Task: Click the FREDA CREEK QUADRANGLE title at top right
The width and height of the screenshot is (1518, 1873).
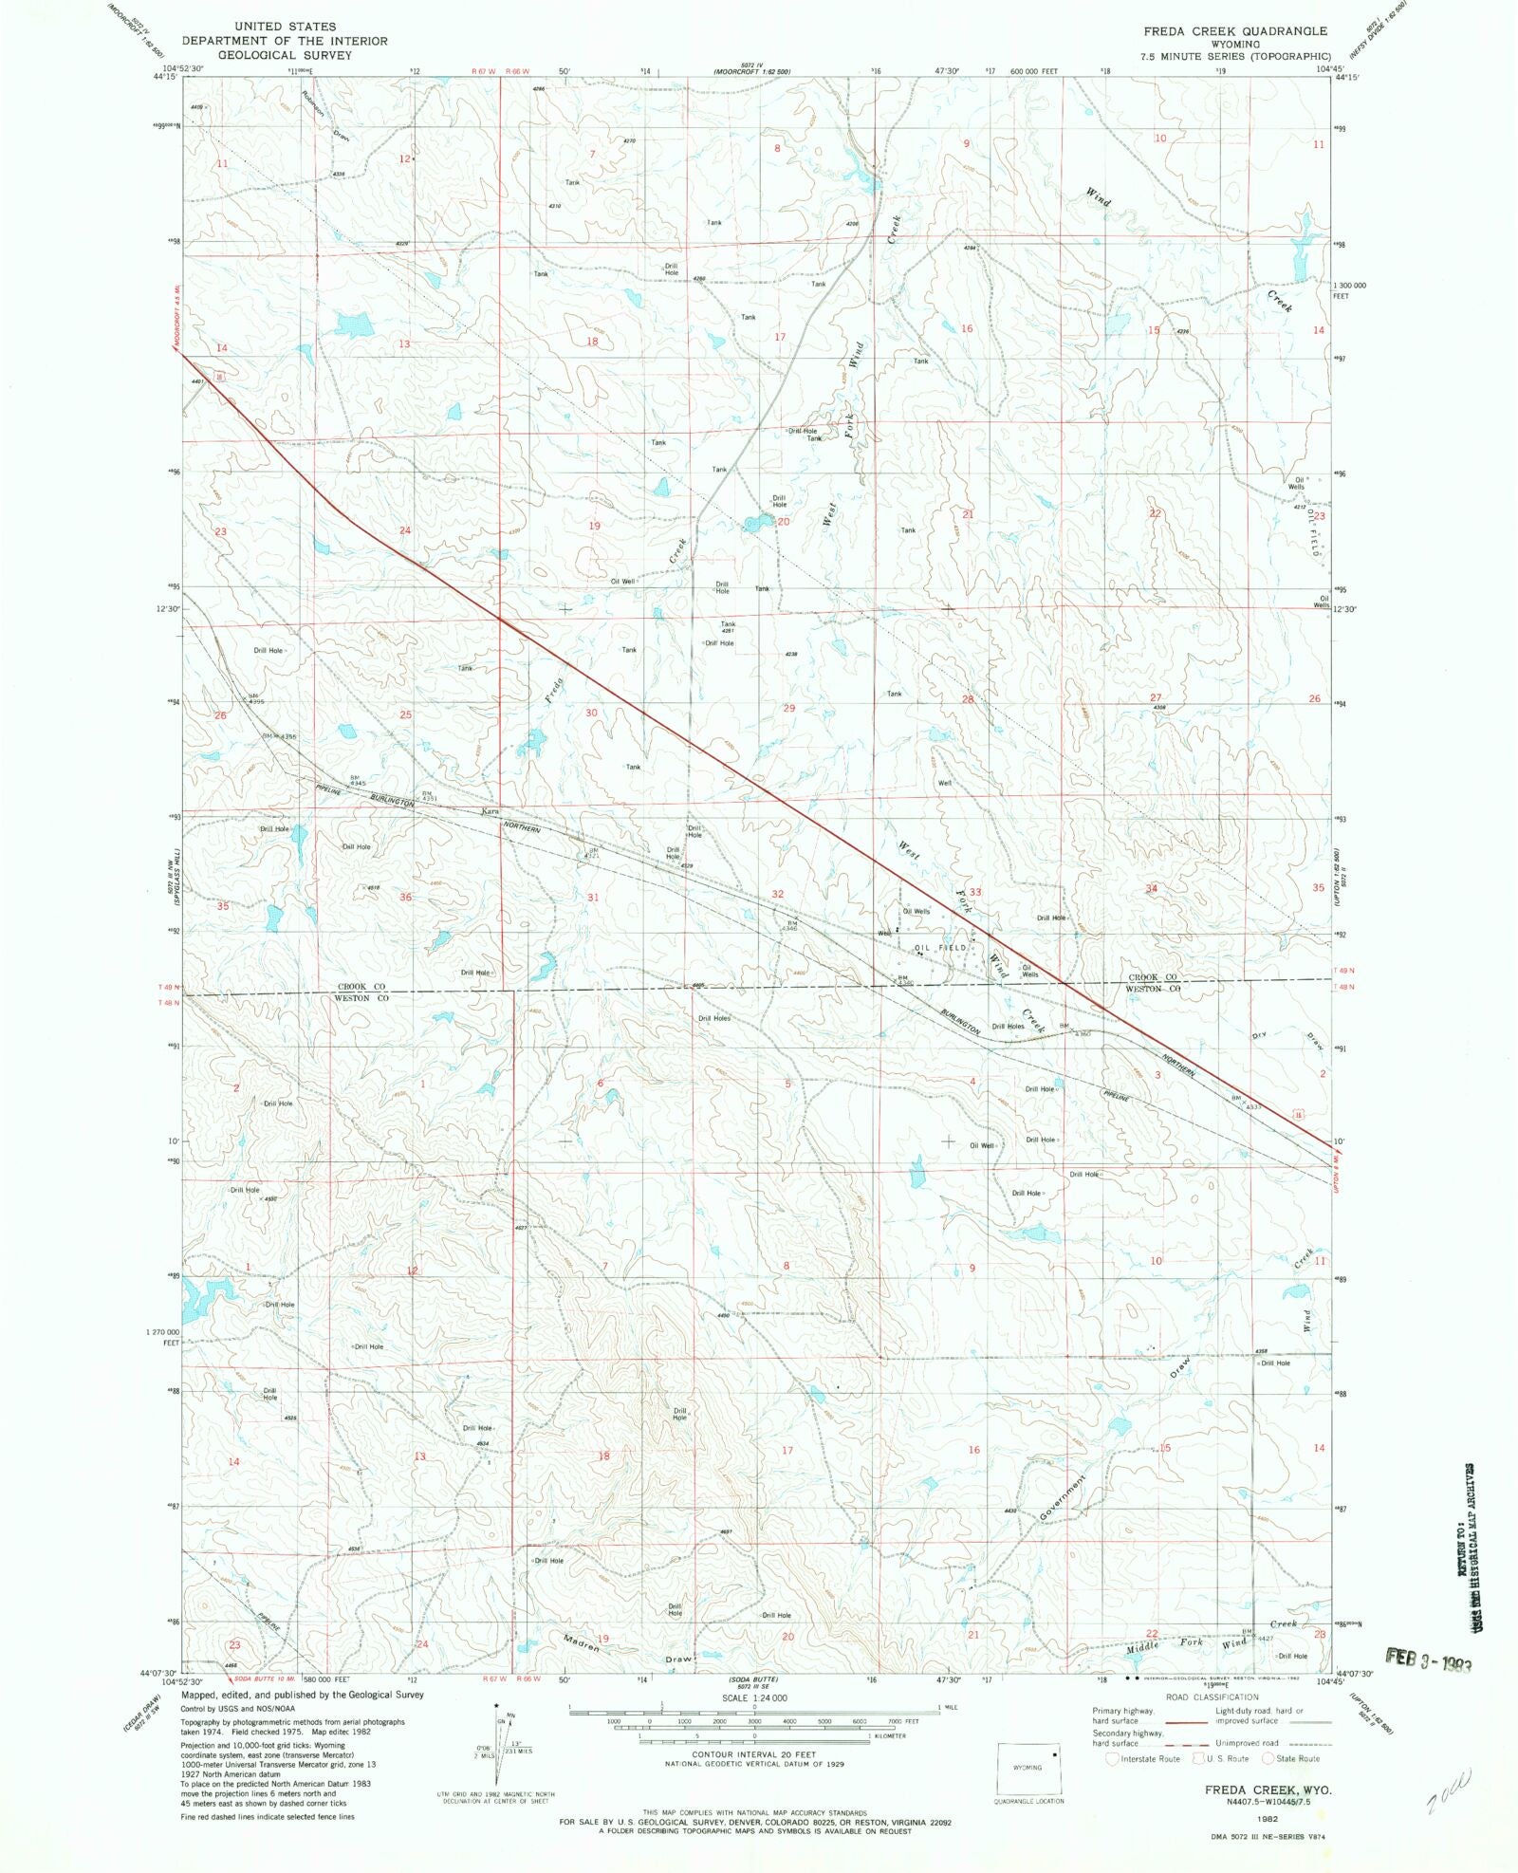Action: (x=1234, y=31)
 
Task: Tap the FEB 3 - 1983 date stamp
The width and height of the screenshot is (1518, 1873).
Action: (x=1428, y=1660)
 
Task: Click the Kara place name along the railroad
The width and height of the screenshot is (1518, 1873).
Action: (x=490, y=812)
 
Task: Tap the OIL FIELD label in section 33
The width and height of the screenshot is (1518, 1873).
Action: (x=940, y=947)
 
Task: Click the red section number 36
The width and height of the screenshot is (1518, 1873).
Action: (x=405, y=897)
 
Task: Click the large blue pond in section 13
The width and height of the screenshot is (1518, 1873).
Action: (x=354, y=325)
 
